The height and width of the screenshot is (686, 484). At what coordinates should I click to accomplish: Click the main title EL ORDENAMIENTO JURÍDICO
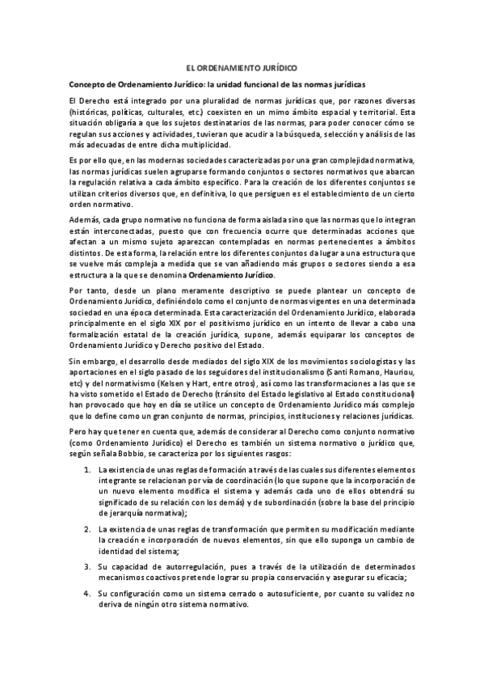[x=242, y=70]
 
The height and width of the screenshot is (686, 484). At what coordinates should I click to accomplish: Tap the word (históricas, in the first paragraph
[x=90, y=112]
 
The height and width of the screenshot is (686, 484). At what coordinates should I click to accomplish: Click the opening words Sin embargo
[x=90, y=361]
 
